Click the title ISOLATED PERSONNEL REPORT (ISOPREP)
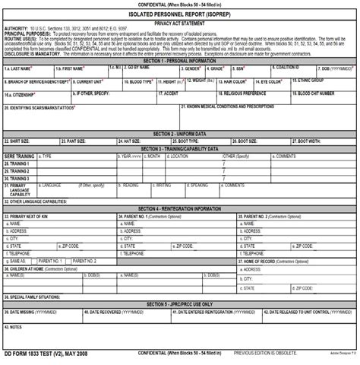tap(180, 14)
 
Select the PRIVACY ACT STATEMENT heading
tap(180, 24)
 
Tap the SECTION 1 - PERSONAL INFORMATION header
tap(180, 60)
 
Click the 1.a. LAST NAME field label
tap(18, 68)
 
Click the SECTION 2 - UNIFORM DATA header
tap(180, 134)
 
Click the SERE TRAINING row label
tap(19, 156)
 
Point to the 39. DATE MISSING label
tap(30, 312)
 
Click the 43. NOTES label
tap(14, 327)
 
